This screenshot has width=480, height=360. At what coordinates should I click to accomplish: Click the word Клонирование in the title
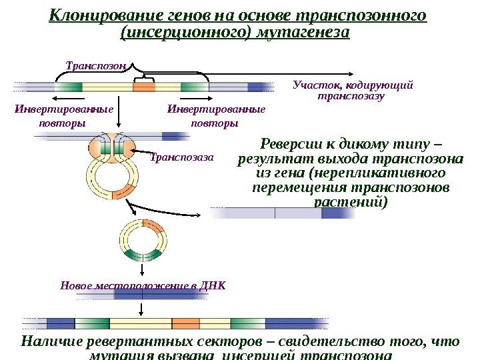pyautogui.click(x=99, y=15)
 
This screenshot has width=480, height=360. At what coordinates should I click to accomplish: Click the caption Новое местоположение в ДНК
pyautogui.click(x=143, y=285)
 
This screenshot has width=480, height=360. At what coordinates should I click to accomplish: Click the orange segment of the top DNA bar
pyautogui.click(x=143, y=86)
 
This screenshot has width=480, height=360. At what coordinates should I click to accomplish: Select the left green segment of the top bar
pyautogui.click(x=69, y=86)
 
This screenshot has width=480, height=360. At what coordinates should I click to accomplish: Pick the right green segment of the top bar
pyautogui.click(x=194, y=86)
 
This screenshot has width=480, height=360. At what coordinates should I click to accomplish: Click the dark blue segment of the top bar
pyautogui.click(x=257, y=86)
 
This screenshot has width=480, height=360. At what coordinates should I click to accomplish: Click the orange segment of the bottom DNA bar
pyautogui.click(x=186, y=323)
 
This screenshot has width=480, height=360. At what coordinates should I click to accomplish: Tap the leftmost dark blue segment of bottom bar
pyautogui.click(x=61, y=323)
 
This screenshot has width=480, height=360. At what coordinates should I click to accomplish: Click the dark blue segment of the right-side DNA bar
pyautogui.click(x=331, y=213)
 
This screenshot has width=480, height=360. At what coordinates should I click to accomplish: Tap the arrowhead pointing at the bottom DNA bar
pyautogui.click(x=141, y=313)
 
